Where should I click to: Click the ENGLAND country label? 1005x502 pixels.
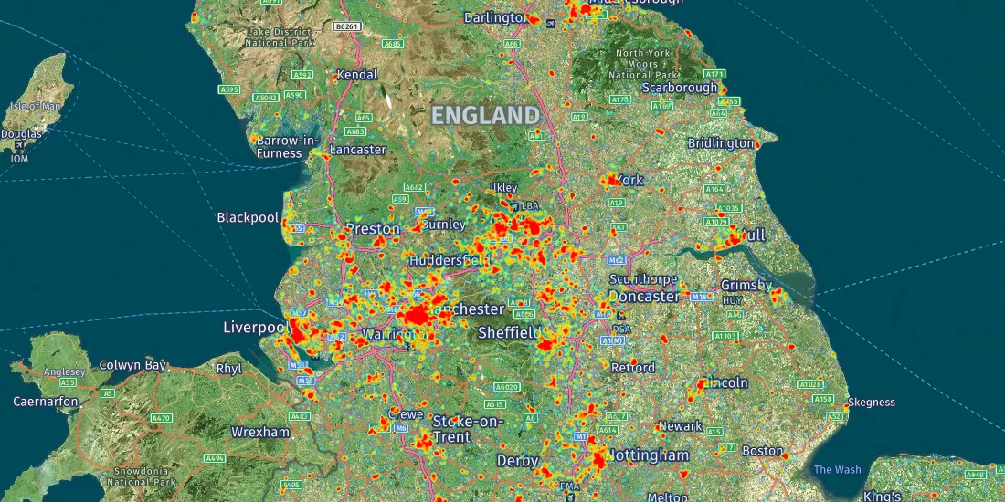pos(485,115)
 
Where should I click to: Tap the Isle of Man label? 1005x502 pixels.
pos(35,106)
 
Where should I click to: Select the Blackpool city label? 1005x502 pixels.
pos(248,217)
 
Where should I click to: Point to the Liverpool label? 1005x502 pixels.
pos(256,327)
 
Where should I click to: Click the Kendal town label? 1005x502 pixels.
pos(356,75)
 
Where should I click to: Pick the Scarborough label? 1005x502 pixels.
pos(680,88)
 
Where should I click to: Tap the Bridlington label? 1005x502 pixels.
pos(720,143)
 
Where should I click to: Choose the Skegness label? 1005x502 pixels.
pos(872,402)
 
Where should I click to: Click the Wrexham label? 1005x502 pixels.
pos(260,432)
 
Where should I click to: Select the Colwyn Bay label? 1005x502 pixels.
pos(133,365)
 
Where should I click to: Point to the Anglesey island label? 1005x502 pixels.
pos(64,371)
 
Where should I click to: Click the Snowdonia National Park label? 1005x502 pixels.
pos(140,476)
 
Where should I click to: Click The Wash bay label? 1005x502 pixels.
pos(837,469)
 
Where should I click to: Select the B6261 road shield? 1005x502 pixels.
pos(346,27)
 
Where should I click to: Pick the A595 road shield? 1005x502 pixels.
pos(229,89)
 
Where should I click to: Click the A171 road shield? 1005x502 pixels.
pos(714,74)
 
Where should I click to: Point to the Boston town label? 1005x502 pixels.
pos(762,451)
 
